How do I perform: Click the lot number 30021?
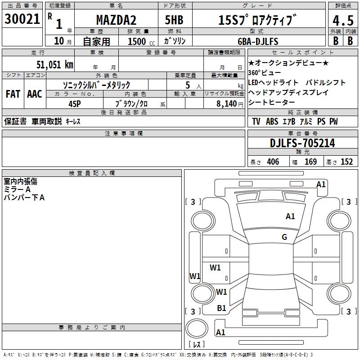pos(22,19)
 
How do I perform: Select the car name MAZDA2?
pos(116,20)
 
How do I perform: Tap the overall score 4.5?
pos(343,21)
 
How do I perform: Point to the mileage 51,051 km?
pos(55,65)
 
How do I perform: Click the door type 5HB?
pos(174,20)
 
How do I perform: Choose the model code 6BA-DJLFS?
pos(258,41)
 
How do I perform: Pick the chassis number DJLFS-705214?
pos(302,143)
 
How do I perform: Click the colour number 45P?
pos(75,104)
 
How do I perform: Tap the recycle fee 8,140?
pos(226,103)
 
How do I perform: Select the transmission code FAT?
pos(13,94)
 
